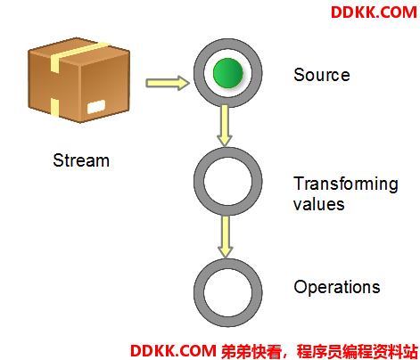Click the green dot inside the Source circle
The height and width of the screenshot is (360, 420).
[x=228, y=73]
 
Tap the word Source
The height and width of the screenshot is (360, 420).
[x=322, y=75]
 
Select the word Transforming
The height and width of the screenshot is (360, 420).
[x=346, y=184]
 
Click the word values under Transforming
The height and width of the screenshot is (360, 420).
[x=318, y=204]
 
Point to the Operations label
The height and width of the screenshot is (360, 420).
[x=337, y=287]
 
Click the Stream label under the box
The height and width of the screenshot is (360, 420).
[x=81, y=160]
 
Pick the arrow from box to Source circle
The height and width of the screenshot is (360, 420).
[x=168, y=83]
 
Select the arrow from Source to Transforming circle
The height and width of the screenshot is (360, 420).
[x=225, y=126]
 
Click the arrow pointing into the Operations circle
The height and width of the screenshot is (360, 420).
[x=226, y=237]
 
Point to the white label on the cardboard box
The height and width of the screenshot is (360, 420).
[x=96, y=107]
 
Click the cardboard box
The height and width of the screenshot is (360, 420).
[x=79, y=80]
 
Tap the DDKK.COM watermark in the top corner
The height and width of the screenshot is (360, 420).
[x=374, y=12]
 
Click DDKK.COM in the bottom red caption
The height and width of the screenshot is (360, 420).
[x=173, y=351]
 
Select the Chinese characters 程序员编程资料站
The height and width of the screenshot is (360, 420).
[x=358, y=351]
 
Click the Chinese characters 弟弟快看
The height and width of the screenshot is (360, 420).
[x=251, y=351]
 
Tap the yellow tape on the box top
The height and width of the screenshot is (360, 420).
[x=80, y=54]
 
